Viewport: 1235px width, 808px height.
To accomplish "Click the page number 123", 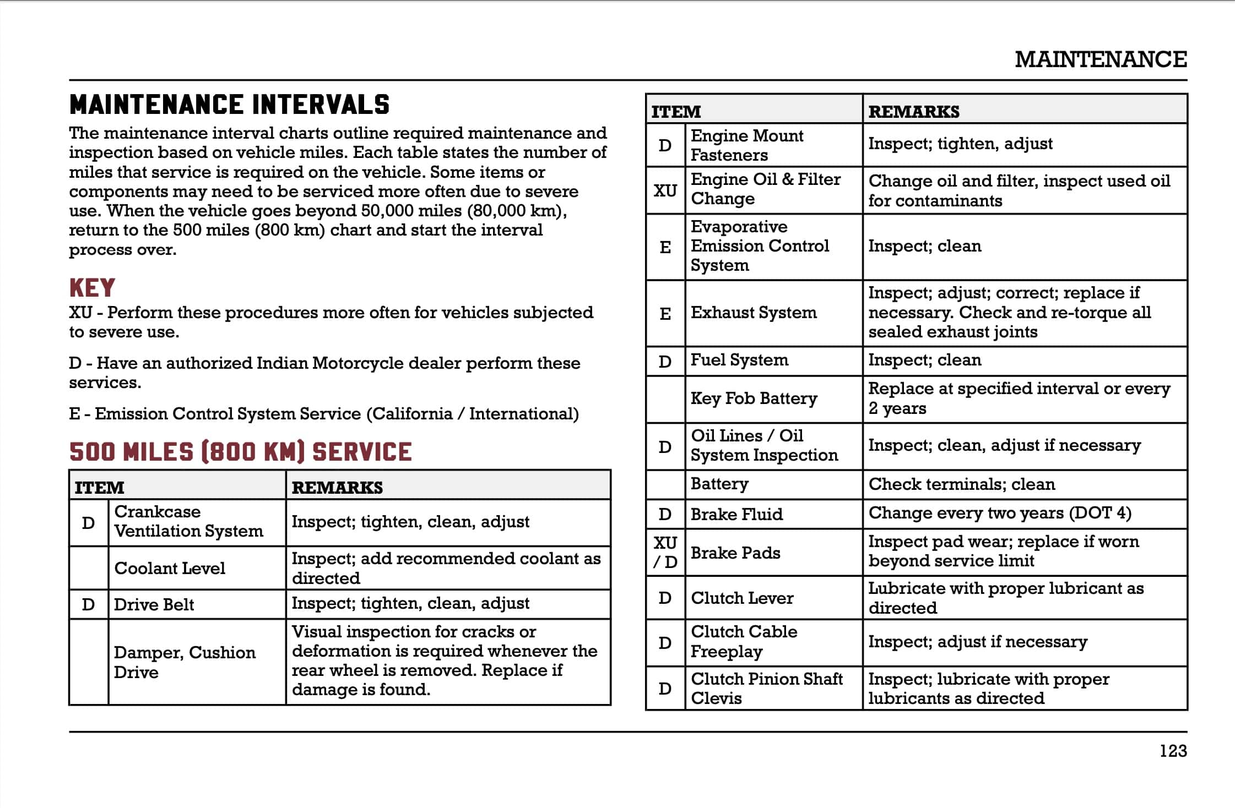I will pos(1173,751).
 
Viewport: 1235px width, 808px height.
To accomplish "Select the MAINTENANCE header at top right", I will pos(1101,59).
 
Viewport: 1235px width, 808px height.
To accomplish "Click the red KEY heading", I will pos(92,288).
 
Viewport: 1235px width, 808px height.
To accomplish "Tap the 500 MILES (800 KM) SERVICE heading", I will pos(240,452).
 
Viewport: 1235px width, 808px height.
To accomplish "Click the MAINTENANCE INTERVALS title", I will pos(229,105).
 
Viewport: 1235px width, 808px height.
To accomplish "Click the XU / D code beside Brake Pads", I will pos(665,552).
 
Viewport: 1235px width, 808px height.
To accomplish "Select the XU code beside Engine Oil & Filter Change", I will pos(665,190).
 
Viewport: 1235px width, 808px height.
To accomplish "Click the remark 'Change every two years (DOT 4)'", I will pos(1000,513).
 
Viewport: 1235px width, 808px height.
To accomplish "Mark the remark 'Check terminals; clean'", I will pos(962,484).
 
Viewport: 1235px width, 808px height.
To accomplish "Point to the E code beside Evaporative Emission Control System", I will pos(665,247).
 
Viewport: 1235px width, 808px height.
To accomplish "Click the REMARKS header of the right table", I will pos(914,112).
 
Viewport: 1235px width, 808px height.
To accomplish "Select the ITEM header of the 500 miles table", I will pos(100,488).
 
